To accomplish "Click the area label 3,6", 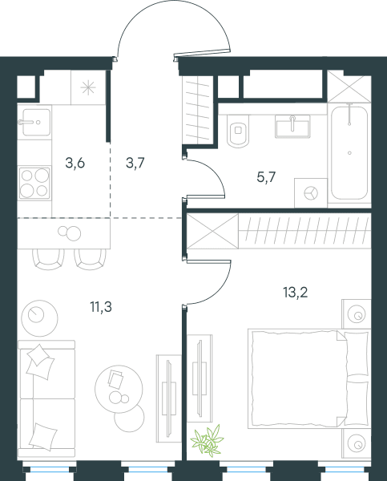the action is pos(75,164).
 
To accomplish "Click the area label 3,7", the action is pos(135,163).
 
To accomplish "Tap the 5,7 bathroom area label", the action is pos(267,177).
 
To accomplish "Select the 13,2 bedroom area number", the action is pos(296,293).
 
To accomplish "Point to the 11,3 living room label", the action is pos(101,306).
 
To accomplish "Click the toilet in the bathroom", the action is pos(238,131).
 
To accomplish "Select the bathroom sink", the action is pos(292,127).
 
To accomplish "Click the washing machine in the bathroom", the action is pos(311,193).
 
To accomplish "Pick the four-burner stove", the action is pos(34,183).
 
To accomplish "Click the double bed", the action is pos(309,378).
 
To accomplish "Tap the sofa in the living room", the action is pos(46,398).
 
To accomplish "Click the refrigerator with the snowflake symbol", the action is pos(88,87).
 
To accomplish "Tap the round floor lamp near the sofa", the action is pos(39,317).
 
